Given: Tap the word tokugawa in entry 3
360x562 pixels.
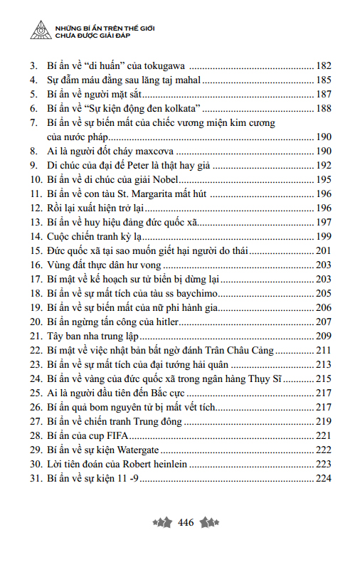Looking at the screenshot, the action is [x=165, y=65].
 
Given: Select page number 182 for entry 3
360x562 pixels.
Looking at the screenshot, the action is [x=324, y=65].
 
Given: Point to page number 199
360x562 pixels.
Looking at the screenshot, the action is [x=324, y=236].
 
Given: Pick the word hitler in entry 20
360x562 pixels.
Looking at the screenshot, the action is [x=186, y=322].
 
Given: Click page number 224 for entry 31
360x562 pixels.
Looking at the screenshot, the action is [x=324, y=479].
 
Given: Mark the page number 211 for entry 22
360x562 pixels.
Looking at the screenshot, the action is [x=324, y=351].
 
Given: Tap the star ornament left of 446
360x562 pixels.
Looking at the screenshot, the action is [x=163, y=523].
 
